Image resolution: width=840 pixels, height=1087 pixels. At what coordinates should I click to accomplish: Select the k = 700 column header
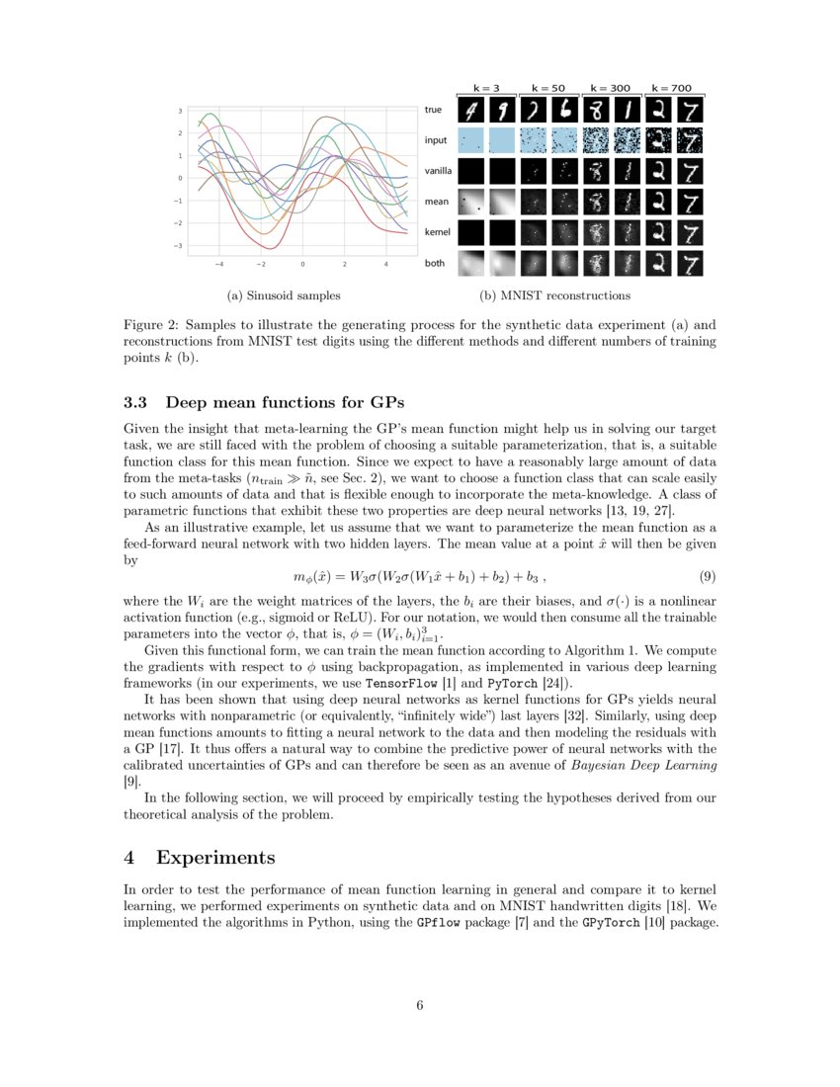tap(672, 88)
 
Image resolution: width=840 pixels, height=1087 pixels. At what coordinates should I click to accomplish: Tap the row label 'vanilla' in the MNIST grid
tap(438, 171)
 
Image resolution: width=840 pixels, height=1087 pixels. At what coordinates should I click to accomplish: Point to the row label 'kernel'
tap(437, 231)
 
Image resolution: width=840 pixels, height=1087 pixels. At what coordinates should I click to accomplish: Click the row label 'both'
tap(434, 263)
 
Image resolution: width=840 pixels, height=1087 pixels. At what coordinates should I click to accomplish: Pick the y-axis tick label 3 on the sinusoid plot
tap(180, 111)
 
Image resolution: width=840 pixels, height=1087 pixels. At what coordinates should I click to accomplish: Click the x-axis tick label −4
tap(218, 265)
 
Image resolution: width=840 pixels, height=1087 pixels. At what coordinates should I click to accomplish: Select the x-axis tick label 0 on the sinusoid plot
tap(301, 265)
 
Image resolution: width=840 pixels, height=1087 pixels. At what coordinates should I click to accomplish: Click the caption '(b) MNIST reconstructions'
tap(554, 294)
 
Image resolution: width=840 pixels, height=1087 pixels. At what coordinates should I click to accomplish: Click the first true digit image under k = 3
tap(470, 110)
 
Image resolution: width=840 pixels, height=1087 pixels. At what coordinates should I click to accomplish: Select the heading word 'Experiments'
tap(215, 856)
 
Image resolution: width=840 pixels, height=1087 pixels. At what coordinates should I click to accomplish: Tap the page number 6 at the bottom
tap(420, 1005)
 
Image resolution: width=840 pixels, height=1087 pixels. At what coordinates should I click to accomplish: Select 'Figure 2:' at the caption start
tap(151, 324)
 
